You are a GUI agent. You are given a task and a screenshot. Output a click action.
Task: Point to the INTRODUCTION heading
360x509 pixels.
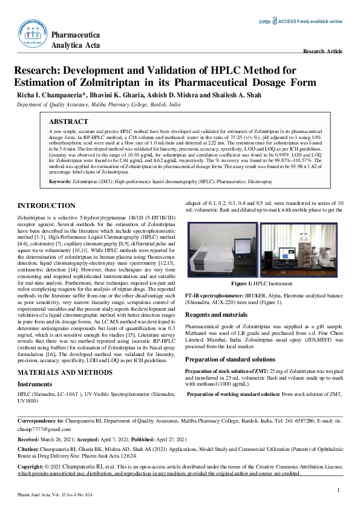point(47,206)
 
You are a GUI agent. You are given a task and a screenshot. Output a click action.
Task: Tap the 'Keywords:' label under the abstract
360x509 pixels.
point(60,181)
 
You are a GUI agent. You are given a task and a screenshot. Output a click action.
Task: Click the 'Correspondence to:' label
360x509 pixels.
point(41,420)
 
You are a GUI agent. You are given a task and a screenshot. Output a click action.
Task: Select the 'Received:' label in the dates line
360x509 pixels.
point(30,439)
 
